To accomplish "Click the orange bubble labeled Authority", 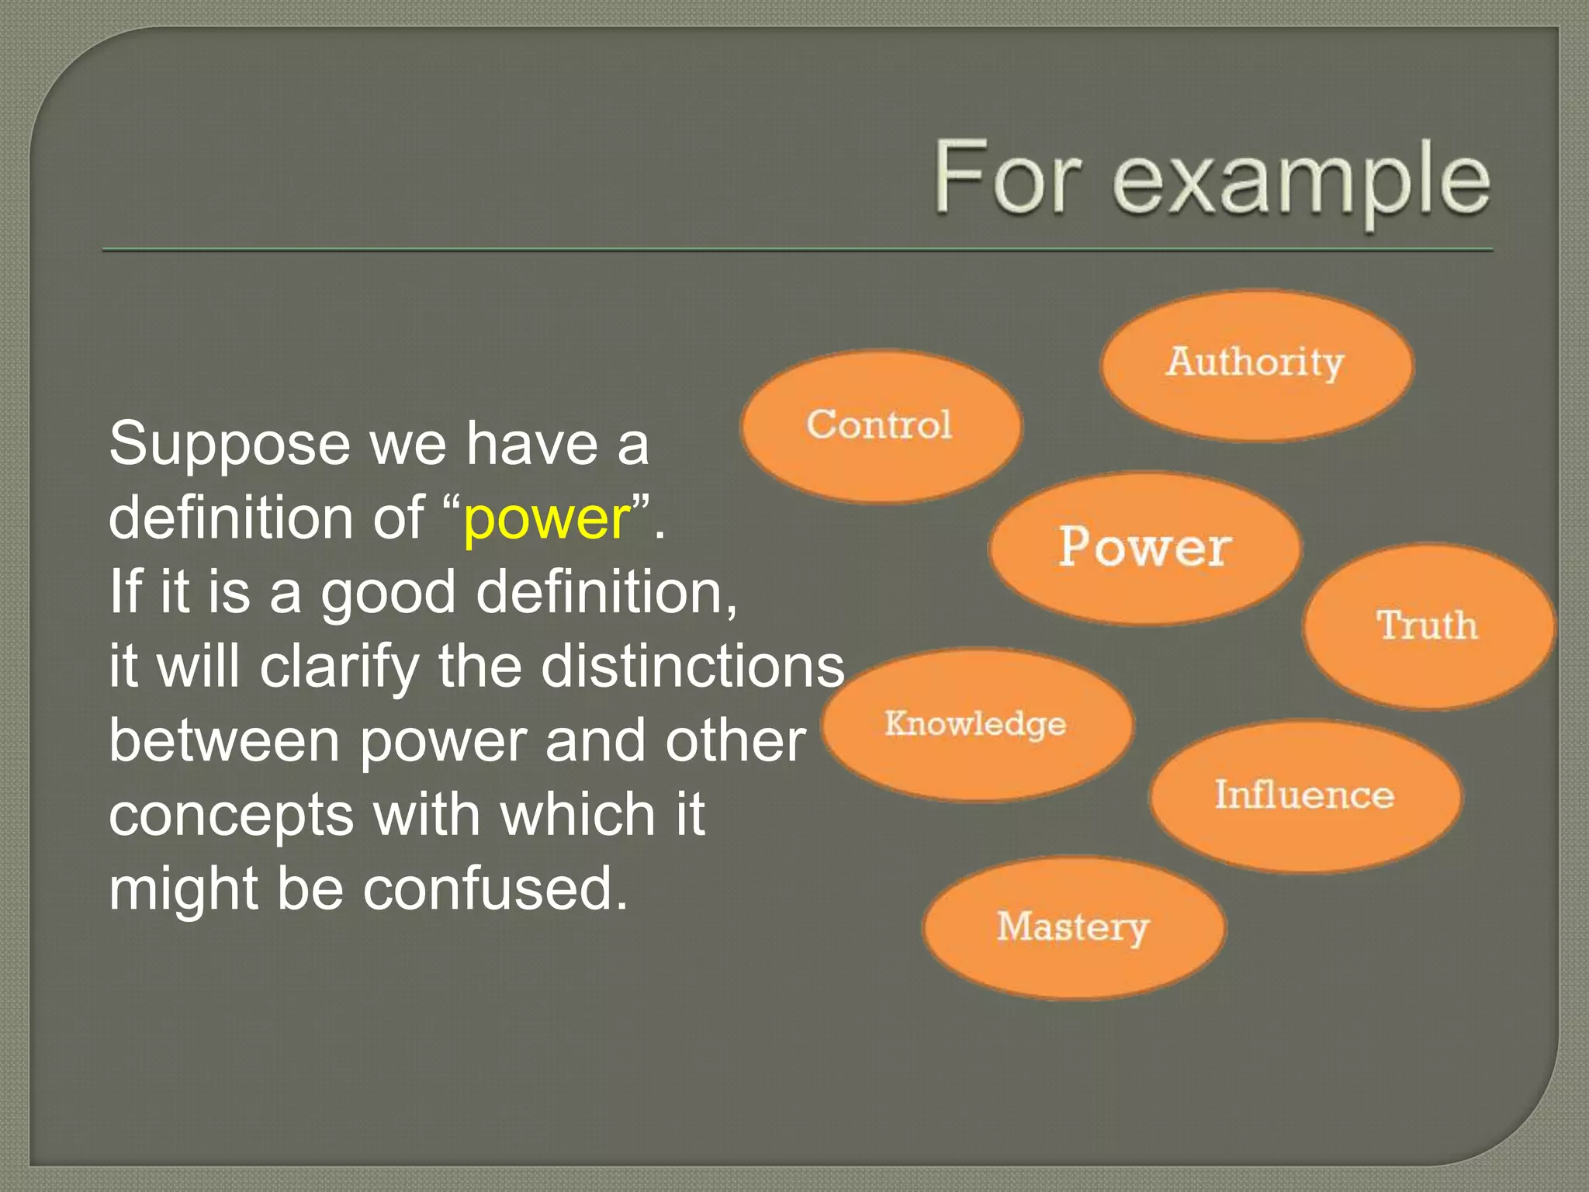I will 1255,365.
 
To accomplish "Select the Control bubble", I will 881,425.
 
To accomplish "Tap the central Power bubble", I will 1144,547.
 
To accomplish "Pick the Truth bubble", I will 1428,625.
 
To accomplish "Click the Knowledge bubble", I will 976,723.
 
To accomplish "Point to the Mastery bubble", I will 1073,927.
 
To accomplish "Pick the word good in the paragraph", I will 388,594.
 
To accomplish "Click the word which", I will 578,815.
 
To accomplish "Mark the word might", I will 183,889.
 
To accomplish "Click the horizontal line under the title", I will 797,250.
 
